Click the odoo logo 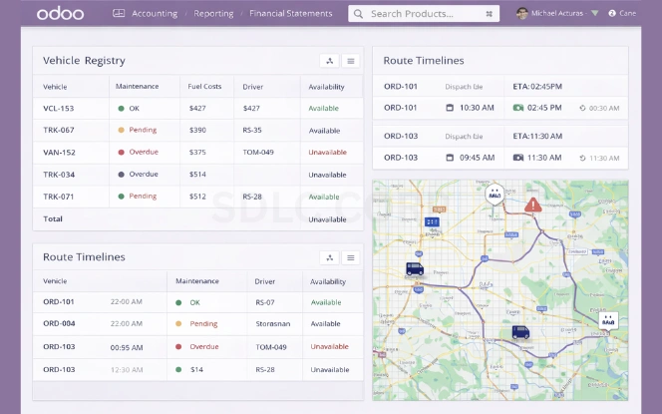[x=60, y=14]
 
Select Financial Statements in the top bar [x=292, y=14]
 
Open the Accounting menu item [x=154, y=14]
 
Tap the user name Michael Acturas [x=556, y=14]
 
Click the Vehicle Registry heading [x=84, y=61]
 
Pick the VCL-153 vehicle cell [x=59, y=108]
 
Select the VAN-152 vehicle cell [x=59, y=152]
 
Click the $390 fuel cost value [x=197, y=130]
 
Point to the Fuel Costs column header [x=204, y=87]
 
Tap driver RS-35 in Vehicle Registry [x=252, y=130]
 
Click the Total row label [x=53, y=218]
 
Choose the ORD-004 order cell [x=59, y=323]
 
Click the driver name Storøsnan [x=271, y=323]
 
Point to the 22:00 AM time [x=127, y=301]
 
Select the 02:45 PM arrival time [x=544, y=107]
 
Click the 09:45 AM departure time [x=478, y=158]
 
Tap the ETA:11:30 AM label [x=537, y=136]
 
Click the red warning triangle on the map [x=533, y=205]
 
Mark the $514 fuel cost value [x=197, y=174]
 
